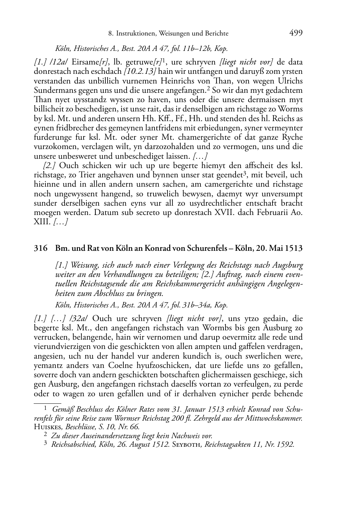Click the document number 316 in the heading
pyautogui.click(x=39, y=248)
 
